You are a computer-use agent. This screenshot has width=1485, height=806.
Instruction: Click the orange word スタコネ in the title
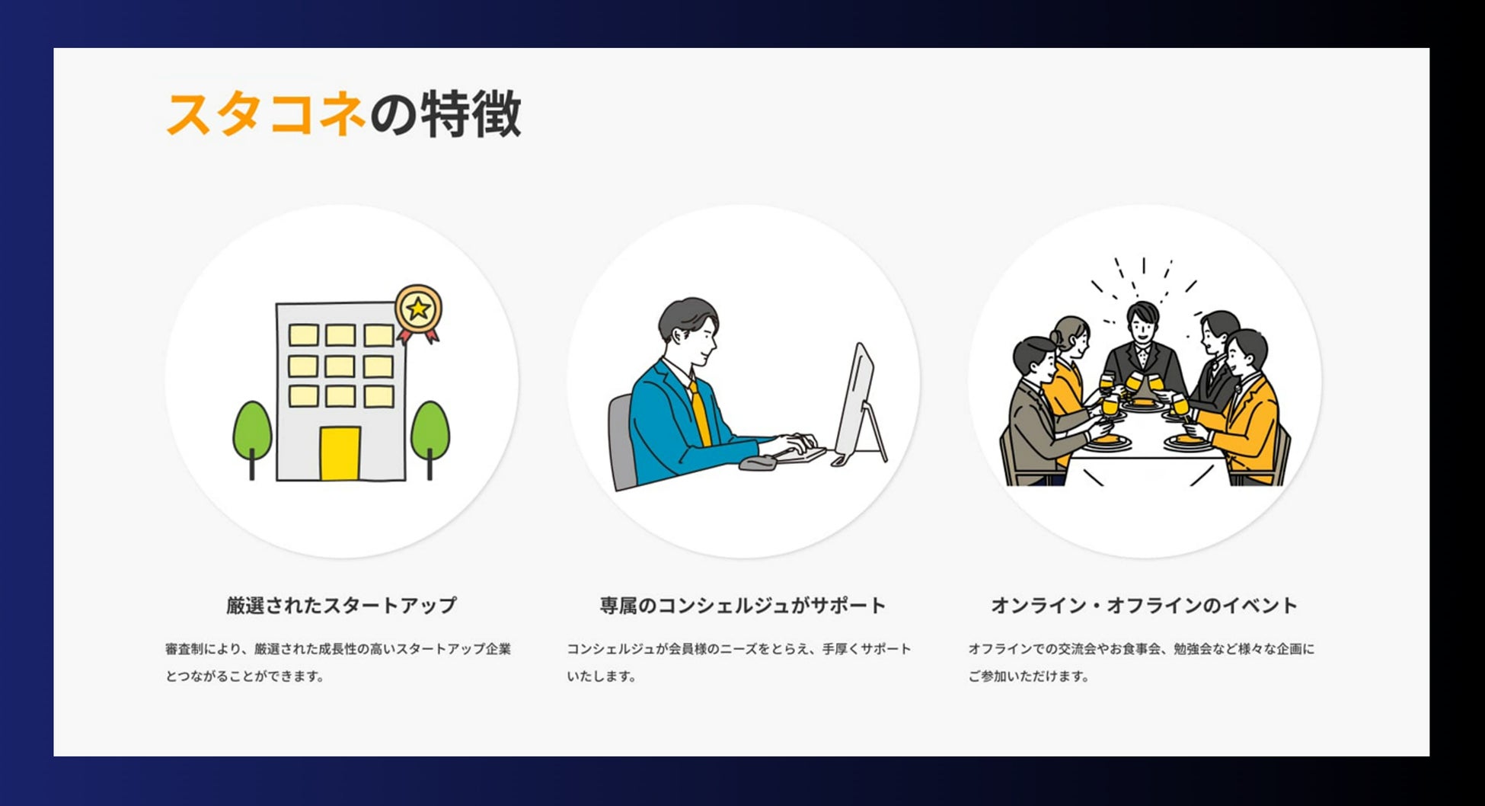click(x=265, y=114)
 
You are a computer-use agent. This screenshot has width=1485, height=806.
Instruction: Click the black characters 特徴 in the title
click(x=471, y=114)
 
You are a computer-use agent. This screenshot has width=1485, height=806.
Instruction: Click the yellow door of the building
click(x=340, y=454)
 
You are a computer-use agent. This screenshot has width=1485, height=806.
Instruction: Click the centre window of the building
click(x=340, y=366)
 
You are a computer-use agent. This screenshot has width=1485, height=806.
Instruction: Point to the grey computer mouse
click(x=756, y=463)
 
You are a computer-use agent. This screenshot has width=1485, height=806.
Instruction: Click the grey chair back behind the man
click(x=622, y=442)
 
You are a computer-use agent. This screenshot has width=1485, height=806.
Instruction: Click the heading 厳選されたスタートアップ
click(x=341, y=606)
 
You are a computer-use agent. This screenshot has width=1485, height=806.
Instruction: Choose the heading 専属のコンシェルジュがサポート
click(x=742, y=606)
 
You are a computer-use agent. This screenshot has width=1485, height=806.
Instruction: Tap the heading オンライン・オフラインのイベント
click(x=1144, y=606)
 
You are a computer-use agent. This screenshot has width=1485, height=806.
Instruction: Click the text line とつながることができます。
click(x=245, y=676)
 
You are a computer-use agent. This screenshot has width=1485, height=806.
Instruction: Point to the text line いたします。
click(x=602, y=676)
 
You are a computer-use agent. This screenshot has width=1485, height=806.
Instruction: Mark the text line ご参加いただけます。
click(x=1029, y=676)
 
